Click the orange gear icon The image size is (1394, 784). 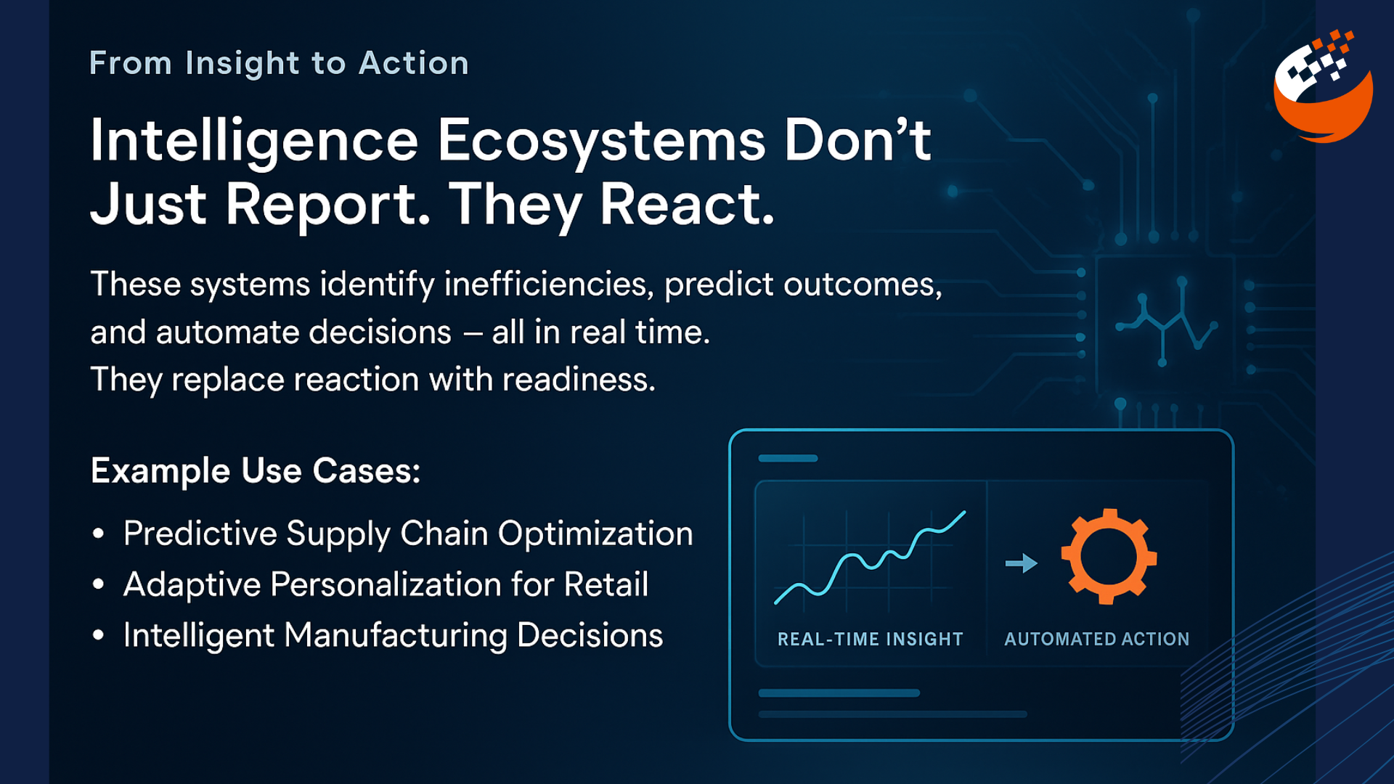1108,556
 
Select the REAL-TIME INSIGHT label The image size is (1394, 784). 870,640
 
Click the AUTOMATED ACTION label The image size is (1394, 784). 1096,640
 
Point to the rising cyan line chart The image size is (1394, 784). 870,559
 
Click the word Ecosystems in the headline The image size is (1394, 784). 600,141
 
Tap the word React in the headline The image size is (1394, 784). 687,205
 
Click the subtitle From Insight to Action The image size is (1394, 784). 279,64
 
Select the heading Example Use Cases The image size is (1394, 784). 256,471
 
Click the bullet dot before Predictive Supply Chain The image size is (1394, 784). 99,535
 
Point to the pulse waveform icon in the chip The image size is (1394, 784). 1166,322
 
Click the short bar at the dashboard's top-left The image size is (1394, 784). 788,459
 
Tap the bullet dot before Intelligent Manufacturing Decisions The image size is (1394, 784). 99,637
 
